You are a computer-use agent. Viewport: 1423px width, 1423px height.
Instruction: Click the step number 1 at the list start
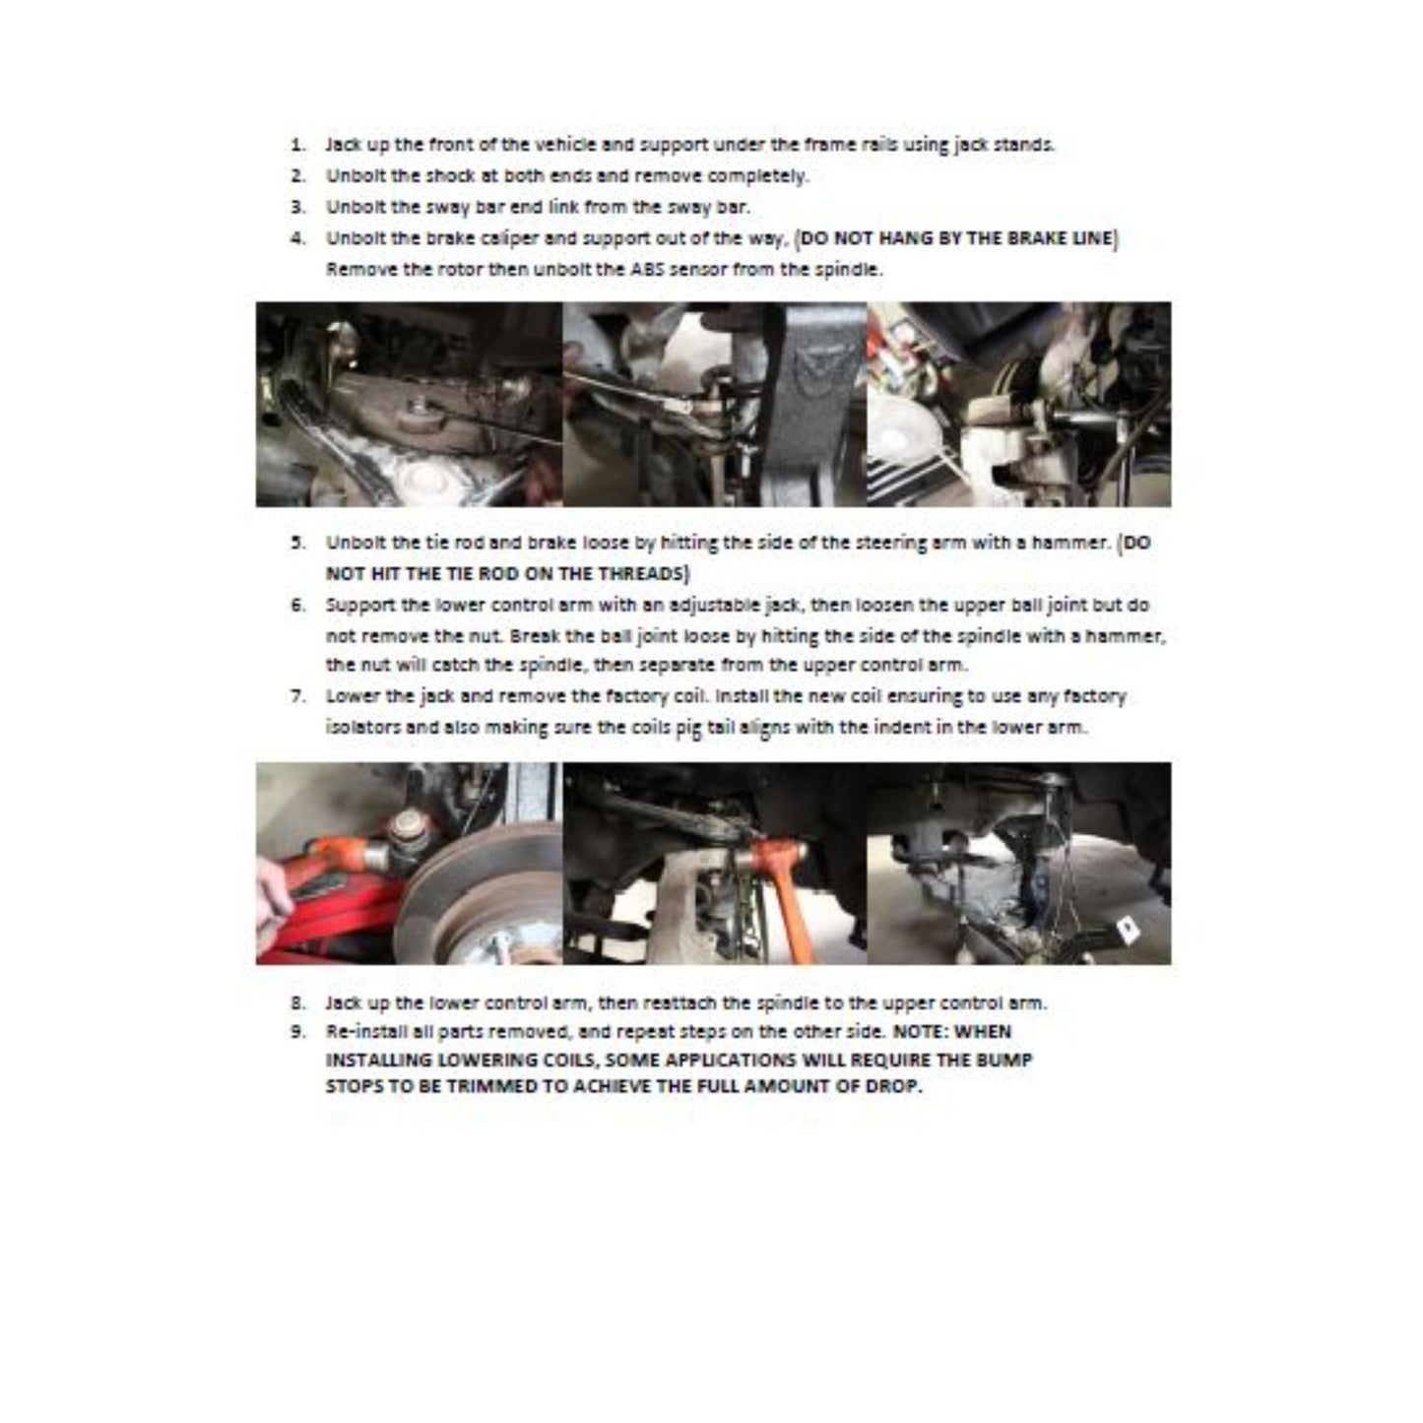click(x=295, y=145)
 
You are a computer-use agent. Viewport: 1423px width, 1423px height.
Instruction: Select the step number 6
click(x=295, y=605)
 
